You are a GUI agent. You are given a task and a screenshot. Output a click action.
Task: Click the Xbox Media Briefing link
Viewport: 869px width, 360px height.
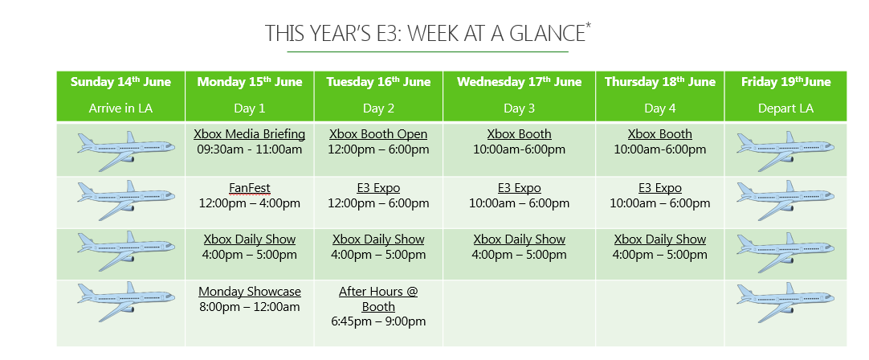tap(250, 134)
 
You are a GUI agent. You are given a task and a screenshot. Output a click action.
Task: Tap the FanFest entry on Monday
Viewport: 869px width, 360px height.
tap(250, 188)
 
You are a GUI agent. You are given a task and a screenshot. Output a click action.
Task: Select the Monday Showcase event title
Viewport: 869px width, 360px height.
tap(250, 291)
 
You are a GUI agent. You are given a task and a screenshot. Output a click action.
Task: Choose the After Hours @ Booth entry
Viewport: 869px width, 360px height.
tap(378, 299)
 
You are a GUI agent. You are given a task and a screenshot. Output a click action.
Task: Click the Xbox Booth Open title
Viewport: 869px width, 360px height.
tap(378, 134)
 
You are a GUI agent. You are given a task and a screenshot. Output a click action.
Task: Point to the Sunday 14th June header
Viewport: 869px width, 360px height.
tap(120, 82)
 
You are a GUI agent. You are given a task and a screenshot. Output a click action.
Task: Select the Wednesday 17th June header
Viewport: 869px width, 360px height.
tap(520, 82)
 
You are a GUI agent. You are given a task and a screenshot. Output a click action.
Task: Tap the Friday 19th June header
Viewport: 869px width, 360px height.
tap(785, 82)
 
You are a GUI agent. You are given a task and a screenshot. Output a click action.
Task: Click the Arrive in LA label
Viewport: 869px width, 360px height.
tap(120, 108)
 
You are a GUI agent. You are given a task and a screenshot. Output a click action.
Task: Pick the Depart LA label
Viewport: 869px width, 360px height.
tap(785, 108)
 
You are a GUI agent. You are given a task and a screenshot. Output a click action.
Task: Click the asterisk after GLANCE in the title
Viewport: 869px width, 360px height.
tap(588, 27)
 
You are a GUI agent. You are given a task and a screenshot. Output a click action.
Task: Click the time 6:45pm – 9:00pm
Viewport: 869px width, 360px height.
tap(378, 321)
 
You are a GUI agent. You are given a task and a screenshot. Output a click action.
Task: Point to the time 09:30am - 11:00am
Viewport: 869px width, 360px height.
tap(250, 149)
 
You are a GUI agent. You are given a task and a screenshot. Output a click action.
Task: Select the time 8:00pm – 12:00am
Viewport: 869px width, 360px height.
tap(250, 307)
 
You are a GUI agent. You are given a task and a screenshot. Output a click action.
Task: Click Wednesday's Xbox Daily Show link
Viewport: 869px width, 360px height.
tap(520, 239)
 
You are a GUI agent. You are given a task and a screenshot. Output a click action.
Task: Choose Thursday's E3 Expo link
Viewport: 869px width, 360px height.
tap(660, 188)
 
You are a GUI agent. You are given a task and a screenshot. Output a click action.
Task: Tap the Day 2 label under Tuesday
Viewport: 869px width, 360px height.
tap(378, 108)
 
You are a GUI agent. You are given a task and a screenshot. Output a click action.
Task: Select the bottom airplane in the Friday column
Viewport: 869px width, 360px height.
tap(785, 302)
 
